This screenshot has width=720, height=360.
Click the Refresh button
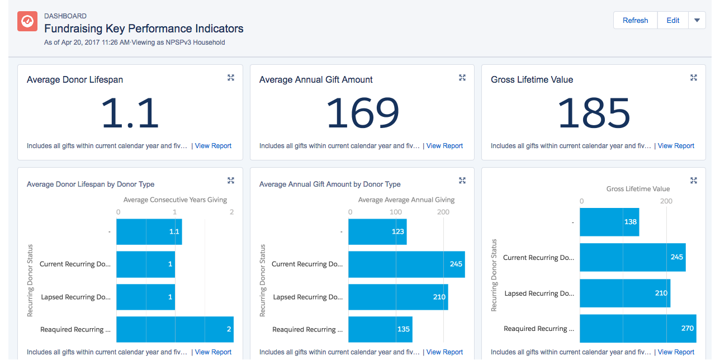(x=635, y=21)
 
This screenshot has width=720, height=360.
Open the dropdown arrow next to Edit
(x=697, y=21)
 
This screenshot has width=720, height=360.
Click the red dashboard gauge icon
(x=27, y=21)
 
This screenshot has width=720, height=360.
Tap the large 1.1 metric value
(x=130, y=113)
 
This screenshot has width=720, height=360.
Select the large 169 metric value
(x=362, y=113)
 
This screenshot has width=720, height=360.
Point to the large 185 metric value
(x=594, y=113)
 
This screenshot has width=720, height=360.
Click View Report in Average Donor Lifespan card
(x=213, y=146)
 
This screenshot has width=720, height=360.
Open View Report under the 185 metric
(x=676, y=146)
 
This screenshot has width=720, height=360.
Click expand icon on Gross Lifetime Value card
(x=694, y=78)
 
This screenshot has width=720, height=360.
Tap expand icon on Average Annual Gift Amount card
(x=462, y=78)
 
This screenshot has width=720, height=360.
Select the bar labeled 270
(x=637, y=329)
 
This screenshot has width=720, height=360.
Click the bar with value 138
(x=609, y=222)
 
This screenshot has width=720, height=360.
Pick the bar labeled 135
(x=380, y=329)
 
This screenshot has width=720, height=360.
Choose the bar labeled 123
(x=377, y=231)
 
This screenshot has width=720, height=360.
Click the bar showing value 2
(x=174, y=329)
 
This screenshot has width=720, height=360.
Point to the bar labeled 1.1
(x=149, y=231)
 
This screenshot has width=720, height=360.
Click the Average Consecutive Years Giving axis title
(x=175, y=200)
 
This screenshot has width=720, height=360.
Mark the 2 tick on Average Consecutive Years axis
(x=231, y=212)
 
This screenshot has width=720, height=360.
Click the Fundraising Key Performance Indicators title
(x=144, y=29)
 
